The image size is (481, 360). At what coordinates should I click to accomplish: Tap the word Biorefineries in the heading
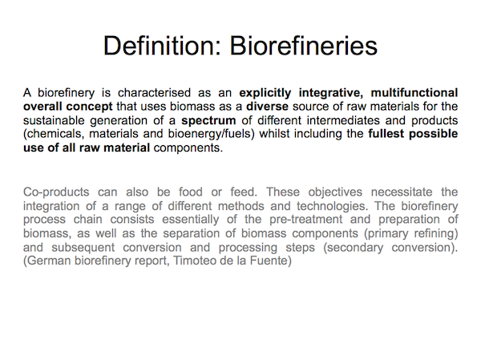click(x=304, y=46)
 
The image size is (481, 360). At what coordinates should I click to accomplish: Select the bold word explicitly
click(x=265, y=93)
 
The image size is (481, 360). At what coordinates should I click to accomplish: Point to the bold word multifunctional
click(x=414, y=93)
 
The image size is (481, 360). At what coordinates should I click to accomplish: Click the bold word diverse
click(x=267, y=107)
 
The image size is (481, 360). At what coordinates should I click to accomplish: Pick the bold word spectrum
click(x=208, y=120)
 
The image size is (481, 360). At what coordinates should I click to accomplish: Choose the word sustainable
click(x=54, y=120)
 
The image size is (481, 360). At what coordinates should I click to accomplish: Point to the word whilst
click(x=274, y=134)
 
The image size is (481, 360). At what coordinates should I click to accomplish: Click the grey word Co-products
click(x=56, y=192)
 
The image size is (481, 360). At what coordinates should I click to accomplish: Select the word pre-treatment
click(x=306, y=220)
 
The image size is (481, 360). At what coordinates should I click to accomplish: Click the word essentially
click(x=191, y=220)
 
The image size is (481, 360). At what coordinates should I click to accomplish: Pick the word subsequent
click(x=83, y=248)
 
